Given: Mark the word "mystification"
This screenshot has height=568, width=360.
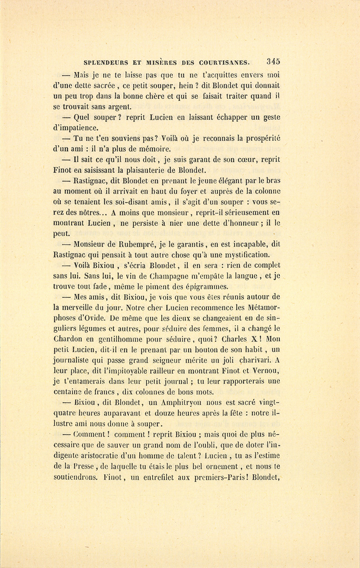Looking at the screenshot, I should click(x=246, y=254).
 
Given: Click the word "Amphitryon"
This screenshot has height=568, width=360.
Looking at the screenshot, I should click(x=181, y=402).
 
